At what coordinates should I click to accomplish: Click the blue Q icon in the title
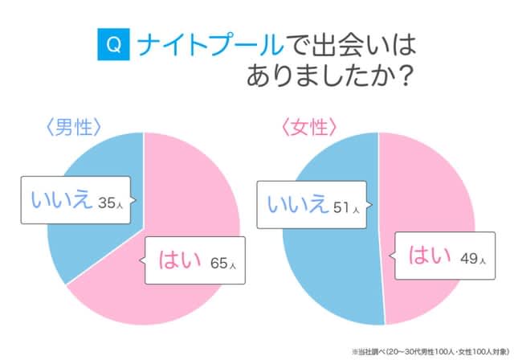click(113, 45)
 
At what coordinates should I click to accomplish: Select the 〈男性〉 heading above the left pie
click(73, 127)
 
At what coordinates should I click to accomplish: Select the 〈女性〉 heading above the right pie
click(308, 127)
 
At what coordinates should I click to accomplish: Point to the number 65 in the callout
click(212, 262)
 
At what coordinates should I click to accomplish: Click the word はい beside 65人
click(177, 260)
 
